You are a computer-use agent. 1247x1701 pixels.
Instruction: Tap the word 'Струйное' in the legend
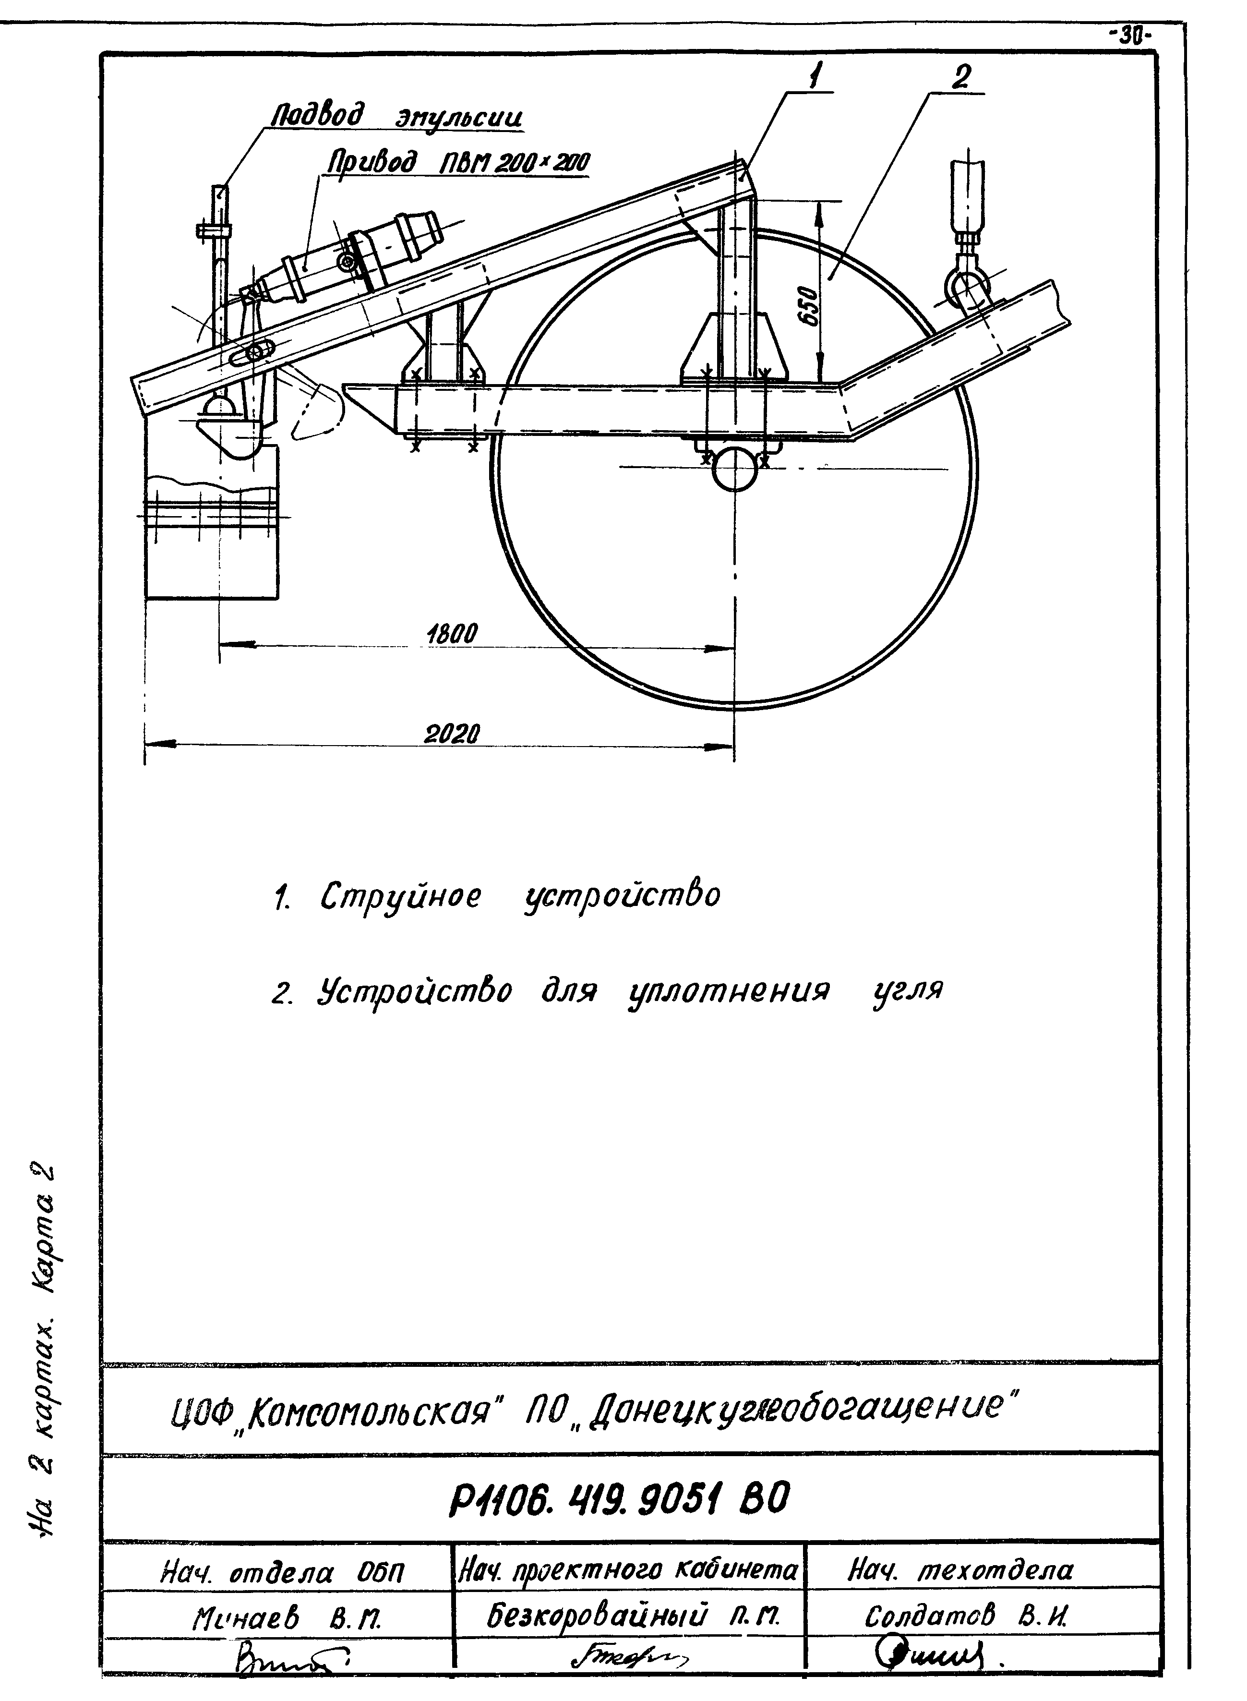pyautogui.click(x=400, y=896)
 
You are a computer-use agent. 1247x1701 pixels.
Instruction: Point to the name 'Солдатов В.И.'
pyautogui.click(x=968, y=1616)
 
